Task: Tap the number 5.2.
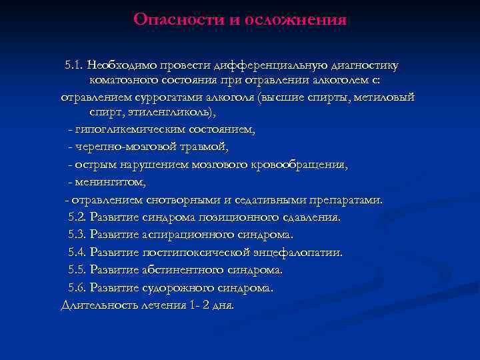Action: click(x=78, y=217)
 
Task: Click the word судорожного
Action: click(x=175, y=288)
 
